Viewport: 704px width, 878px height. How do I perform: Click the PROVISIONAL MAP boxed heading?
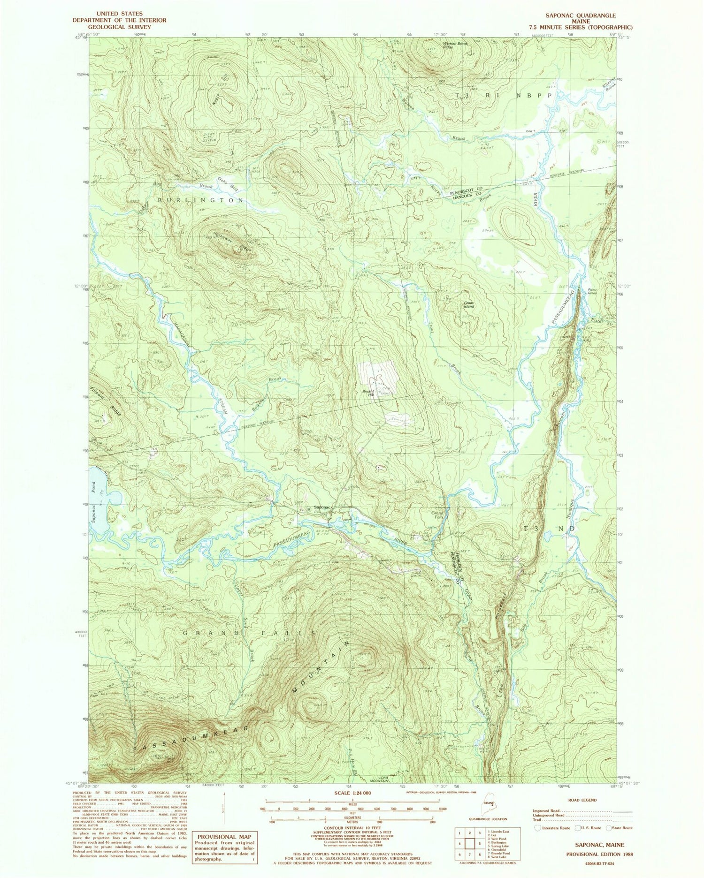coord(223,837)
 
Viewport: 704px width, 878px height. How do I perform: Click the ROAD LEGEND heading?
coord(582,800)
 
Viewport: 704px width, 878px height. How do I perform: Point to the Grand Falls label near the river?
coord(437,515)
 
